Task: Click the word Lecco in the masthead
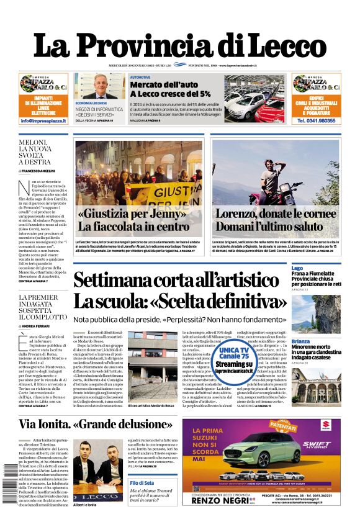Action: (283, 46)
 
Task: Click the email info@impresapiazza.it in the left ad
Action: (43, 120)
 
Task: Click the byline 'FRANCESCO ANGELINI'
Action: (40, 170)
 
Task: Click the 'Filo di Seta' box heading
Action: (142, 482)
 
